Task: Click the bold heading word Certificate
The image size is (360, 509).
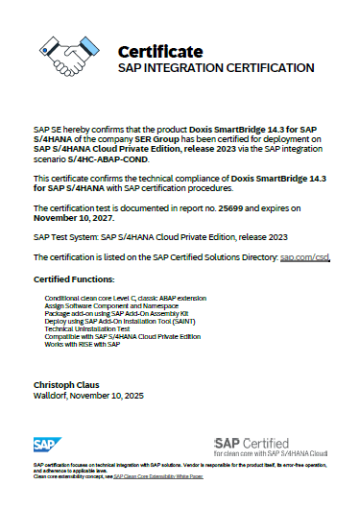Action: pyautogui.click(x=159, y=51)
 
